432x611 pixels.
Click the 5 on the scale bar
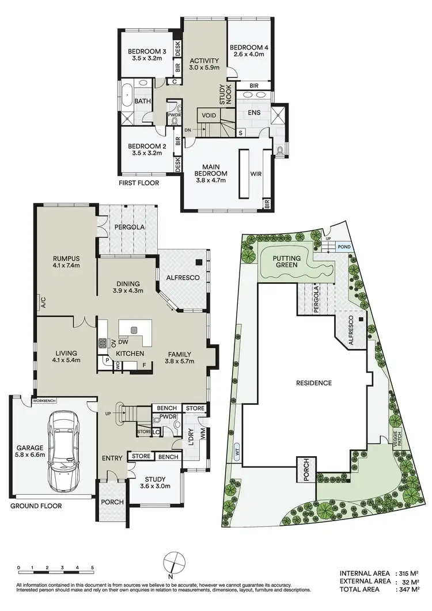92,567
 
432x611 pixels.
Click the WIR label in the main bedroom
256,172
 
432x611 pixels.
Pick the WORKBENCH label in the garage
45,400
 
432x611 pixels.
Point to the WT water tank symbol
237,451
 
